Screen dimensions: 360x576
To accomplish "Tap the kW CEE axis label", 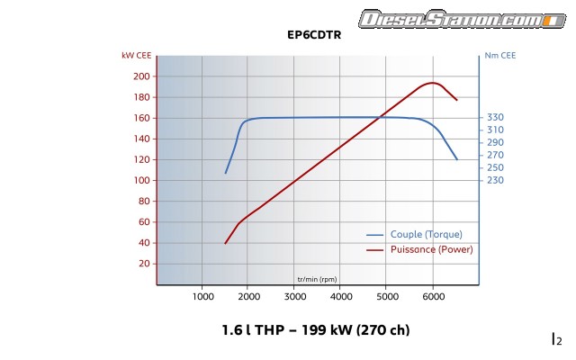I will pyautogui.click(x=136, y=55).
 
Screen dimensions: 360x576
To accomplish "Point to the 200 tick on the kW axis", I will pyautogui.click(x=141, y=76).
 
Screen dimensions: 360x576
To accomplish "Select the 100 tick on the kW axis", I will pyautogui.click(x=141, y=180).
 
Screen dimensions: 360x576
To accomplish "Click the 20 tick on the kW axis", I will pyautogui.click(x=143, y=264).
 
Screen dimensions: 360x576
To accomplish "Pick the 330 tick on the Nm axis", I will pyautogui.click(x=495, y=118).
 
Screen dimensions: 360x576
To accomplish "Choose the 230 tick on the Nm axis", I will pyautogui.click(x=495, y=180).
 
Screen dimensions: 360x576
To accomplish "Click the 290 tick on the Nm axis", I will pyautogui.click(x=495, y=142).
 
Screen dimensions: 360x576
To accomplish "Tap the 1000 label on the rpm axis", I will pyautogui.click(x=202, y=296).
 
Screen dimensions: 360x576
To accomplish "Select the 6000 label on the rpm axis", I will pyautogui.click(x=433, y=296).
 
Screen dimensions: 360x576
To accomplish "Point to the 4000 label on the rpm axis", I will pyautogui.click(x=341, y=296).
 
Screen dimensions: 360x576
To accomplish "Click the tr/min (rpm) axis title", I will pyautogui.click(x=317, y=278).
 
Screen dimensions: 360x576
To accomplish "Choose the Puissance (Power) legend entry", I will pyautogui.click(x=431, y=248).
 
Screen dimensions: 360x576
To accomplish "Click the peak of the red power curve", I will pyautogui.click(x=432, y=83).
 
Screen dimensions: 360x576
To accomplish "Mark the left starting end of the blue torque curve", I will pyautogui.click(x=226, y=173).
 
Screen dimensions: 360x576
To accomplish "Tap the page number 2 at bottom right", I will pyautogui.click(x=558, y=339).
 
